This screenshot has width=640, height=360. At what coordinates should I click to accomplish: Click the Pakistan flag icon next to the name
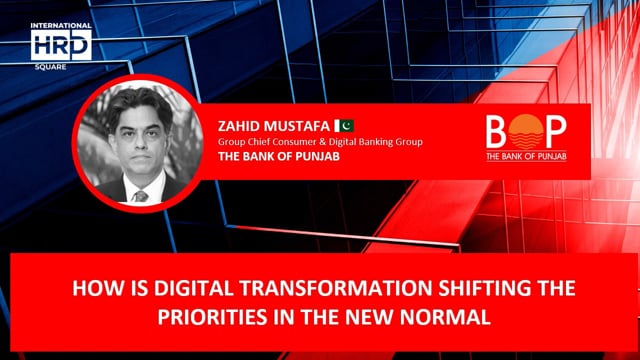[346, 126]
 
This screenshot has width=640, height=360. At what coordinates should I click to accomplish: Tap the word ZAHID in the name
[240, 127]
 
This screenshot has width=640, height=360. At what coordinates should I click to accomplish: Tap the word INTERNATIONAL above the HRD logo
[61, 26]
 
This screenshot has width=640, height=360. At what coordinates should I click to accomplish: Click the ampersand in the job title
[335, 142]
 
